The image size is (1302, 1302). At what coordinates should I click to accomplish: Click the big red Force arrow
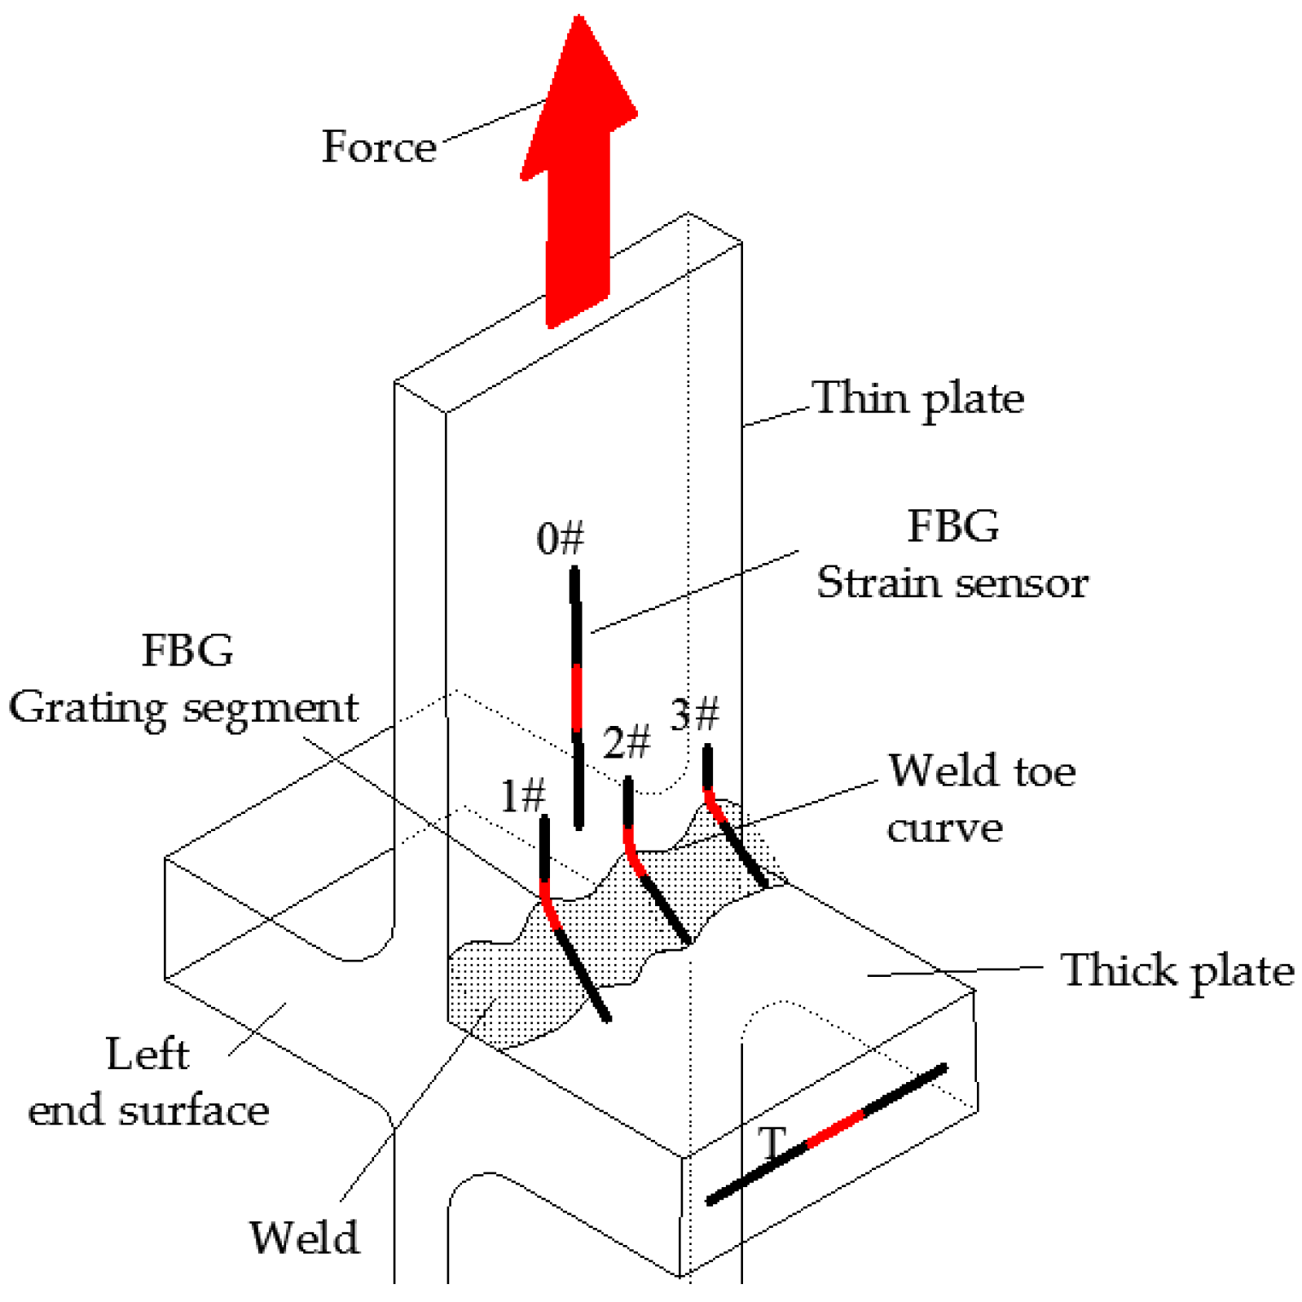click(x=578, y=187)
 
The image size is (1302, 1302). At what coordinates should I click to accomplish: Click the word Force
click(x=379, y=147)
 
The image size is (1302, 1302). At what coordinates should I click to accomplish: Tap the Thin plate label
click(x=918, y=398)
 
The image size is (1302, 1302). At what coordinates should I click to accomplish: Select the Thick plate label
click(x=1177, y=970)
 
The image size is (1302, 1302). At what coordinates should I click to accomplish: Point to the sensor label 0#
click(x=561, y=539)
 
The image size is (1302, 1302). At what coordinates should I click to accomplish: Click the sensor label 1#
click(x=522, y=796)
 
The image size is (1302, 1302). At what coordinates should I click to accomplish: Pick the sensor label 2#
click(x=627, y=742)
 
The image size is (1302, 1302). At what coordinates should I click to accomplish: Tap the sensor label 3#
click(x=695, y=714)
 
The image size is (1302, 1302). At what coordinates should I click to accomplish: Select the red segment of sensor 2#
click(x=632, y=852)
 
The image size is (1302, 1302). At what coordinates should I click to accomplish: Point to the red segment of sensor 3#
click(x=715, y=806)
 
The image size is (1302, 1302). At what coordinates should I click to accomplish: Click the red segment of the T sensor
click(x=835, y=1128)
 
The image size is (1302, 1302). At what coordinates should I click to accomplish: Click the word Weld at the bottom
click(x=304, y=1238)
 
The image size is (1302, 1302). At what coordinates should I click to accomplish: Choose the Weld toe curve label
click(x=981, y=799)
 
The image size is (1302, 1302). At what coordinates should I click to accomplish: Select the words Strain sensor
click(x=952, y=583)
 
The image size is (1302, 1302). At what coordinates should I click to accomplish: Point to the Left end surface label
click(x=148, y=1082)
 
